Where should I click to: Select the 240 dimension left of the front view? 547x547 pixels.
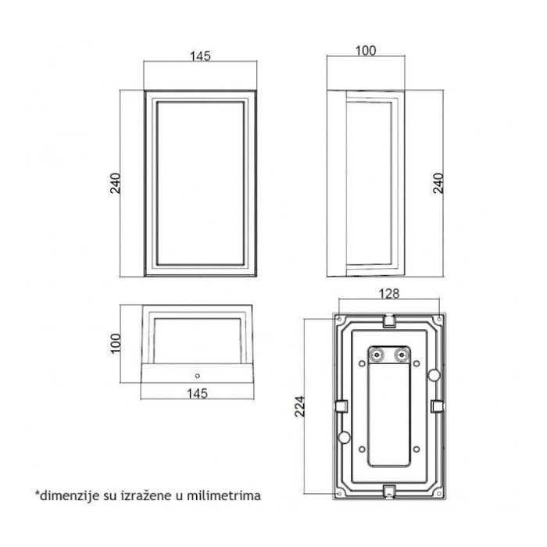click(x=115, y=184)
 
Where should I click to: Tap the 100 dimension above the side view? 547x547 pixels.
click(x=366, y=51)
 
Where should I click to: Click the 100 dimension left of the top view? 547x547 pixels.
click(x=115, y=344)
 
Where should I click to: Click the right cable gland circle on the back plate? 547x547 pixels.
click(x=403, y=355)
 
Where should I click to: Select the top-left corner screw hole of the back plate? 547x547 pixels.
click(x=338, y=320)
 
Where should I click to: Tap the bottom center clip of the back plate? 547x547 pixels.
click(x=388, y=492)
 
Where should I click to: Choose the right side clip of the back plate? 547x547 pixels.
click(x=438, y=406)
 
